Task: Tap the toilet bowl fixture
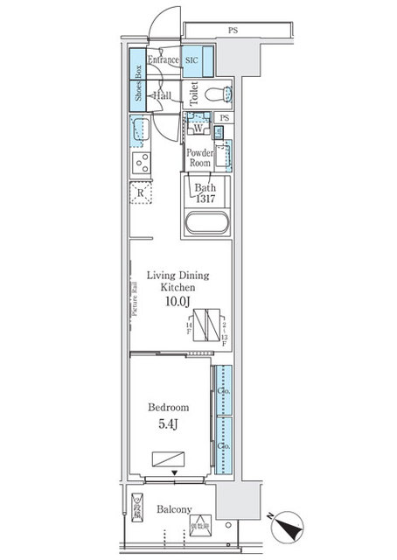pos(218,93)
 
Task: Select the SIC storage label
pos(193,60)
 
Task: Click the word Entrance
pos(163,60)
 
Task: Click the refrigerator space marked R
pos(142,193)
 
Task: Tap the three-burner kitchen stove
pos(140,163)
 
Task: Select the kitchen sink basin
pos(141,131)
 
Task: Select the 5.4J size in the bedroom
pos(171,425)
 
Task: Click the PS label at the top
pos(233,31)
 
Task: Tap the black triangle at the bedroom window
pos(175,473)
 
